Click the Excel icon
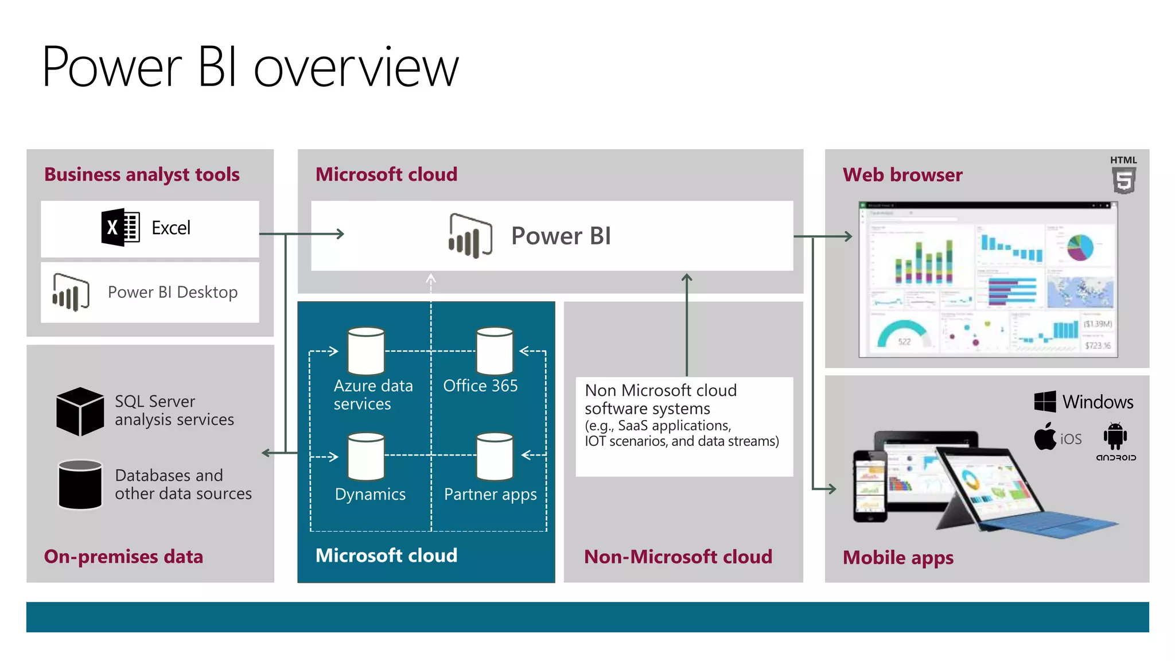120,228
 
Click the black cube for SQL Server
80,411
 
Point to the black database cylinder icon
80,484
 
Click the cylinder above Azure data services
366,351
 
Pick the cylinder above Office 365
495,351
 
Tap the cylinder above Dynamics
366,456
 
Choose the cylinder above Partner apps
495,456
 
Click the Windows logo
1045,402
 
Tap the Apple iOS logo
1045,437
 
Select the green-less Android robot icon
1115,437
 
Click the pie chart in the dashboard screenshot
1080,247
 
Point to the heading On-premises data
123,557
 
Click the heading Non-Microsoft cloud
678,557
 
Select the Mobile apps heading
898,557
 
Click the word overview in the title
356,68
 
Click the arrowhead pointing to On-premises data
266,453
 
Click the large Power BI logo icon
470,235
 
